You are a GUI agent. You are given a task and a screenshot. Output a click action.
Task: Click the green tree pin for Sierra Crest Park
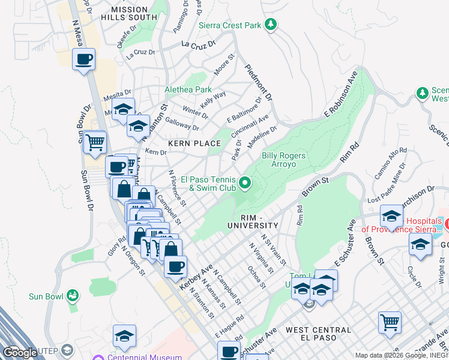coord(271,24)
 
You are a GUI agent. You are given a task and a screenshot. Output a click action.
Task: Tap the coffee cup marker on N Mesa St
coord(83,60)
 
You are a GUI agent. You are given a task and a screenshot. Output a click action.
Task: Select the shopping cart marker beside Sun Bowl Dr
coord(95,143)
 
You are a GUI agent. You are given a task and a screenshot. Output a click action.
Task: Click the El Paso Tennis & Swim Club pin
coord(244,182)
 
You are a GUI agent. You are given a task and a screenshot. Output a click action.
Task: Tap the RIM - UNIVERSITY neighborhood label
coord(253,221)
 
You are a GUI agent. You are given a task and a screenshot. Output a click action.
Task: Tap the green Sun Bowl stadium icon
coord(73,296)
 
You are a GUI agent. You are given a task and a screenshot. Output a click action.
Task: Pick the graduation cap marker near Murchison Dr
coord(391,217)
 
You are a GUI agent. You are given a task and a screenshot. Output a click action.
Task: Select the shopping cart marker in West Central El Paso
coord(390,322)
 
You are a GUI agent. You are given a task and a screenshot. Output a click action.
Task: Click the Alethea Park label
coord(188,90)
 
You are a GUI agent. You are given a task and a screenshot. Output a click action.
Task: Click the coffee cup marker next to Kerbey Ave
coord(175,266)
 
